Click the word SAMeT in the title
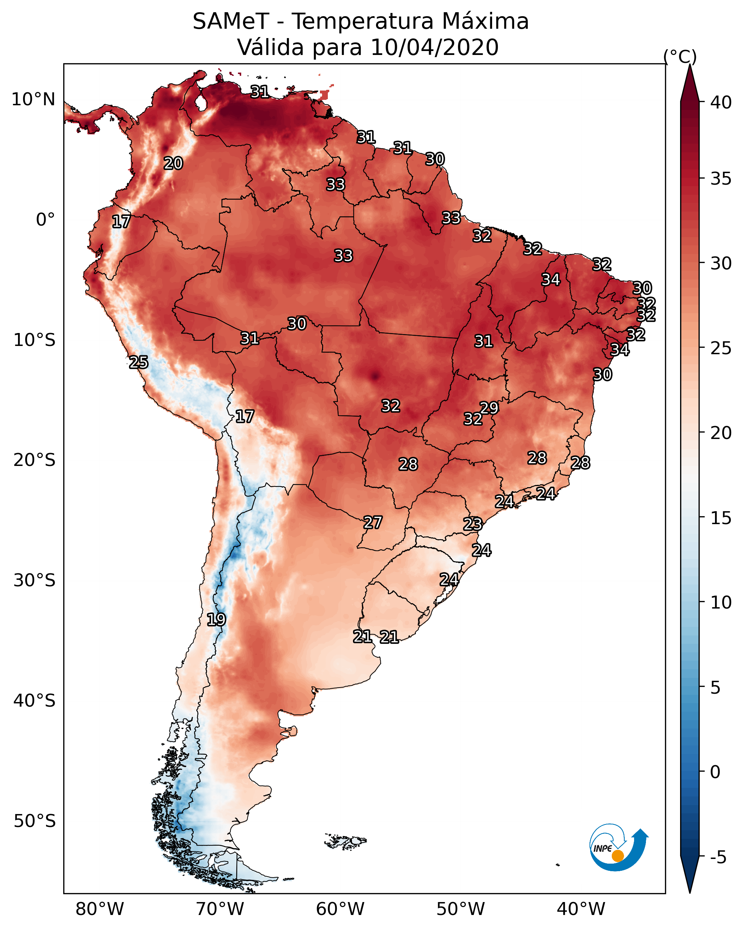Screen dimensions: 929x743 coord(231,22)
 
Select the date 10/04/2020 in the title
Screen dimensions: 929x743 coord(434,47)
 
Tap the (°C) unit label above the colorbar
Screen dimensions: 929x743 coord(680,56)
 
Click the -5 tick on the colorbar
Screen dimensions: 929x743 coord(718,858)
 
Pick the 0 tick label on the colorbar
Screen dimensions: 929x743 coord(715,772)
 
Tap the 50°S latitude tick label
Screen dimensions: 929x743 coord(35,821)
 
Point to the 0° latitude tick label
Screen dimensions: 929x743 coord(45,220)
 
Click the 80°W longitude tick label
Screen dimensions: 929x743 coord(100,909)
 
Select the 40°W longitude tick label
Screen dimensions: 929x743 coord(581,909)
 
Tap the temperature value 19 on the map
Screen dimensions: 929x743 coord(216,620)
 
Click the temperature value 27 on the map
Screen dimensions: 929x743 coord(372,523)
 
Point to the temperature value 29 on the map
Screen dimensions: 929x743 coord(489,408)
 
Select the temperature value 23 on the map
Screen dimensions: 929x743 coord(473,524)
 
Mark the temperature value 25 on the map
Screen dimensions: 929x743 coord(138,362)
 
